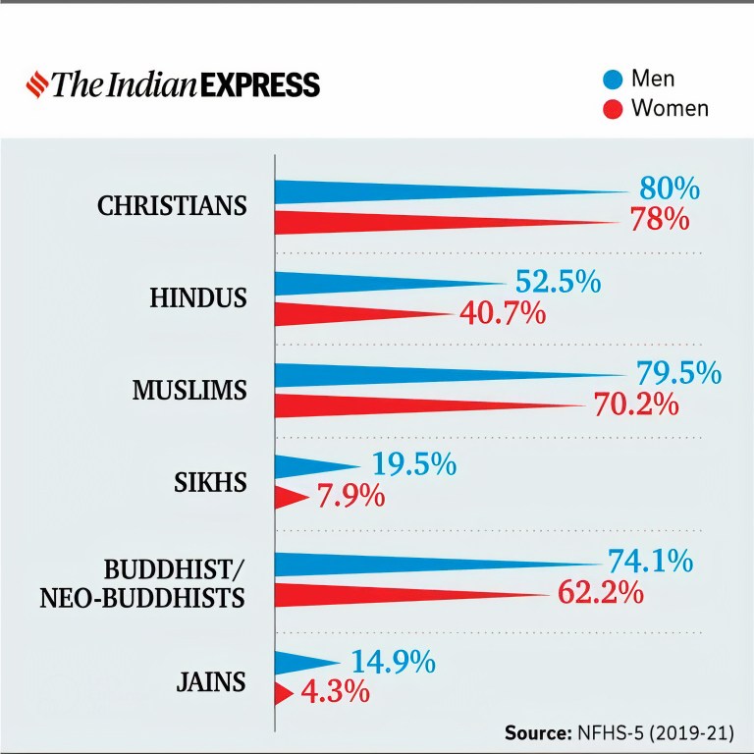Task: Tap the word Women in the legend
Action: pyautogui.click(x=670, y=108)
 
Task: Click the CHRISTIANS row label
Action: pyautogui.click(x=172, y=207)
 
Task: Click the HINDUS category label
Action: pyautogui.click(x=198, y=298)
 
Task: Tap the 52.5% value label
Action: pyautogui.click(x=558, y=283)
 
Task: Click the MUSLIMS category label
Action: pyautogui.click(x=189, y=391)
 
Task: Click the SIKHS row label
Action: pyautogui.click(x=212, y=483)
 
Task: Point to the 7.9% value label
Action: pyautogui.click(x=350, y=497)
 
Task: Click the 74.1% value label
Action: pyautogui.click(x=650, y=562)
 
